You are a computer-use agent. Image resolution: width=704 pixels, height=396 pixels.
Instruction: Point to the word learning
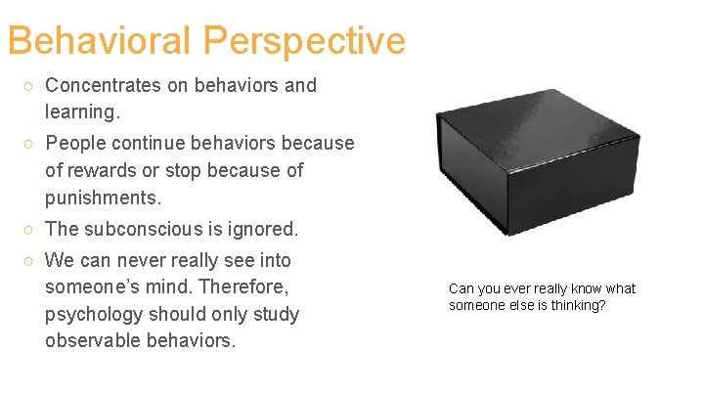[x=82, y=112]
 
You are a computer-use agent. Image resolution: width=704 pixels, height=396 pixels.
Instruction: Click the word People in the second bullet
[x=76, y=143]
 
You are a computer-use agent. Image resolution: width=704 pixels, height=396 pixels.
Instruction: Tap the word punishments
[x=101, y=198]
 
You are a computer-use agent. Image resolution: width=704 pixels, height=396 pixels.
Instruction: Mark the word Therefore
[x=252, y=287]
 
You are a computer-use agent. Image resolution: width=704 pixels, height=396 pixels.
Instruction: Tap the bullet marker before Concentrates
[x=30, y=86]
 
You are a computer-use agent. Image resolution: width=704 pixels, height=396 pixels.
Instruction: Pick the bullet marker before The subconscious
[x=30, y=231]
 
